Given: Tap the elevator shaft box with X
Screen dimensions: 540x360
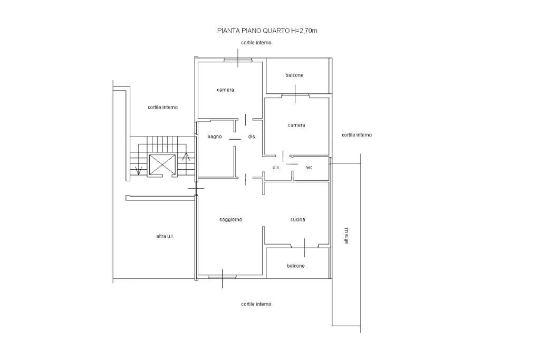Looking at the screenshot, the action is [x=162, y=165].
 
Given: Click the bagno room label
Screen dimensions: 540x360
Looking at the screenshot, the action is [x=215, y=137].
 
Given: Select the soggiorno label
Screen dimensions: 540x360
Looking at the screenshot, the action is [x=231, y=220].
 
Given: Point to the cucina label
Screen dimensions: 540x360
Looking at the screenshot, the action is [x=297, y=220].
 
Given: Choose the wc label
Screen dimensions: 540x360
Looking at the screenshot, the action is [x=309, y=168].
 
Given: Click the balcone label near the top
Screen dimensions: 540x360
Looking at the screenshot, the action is [x=294, y=75].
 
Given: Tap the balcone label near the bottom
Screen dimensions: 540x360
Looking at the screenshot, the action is [x=295, y=266].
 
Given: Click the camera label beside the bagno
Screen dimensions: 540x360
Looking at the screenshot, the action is [x=225, y=90].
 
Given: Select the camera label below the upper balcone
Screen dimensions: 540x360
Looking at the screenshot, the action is [x=296, y=125].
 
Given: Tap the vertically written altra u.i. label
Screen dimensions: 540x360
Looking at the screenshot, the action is [x=346, y=235].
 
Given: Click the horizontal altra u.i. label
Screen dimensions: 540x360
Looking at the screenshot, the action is [x=165, y=236].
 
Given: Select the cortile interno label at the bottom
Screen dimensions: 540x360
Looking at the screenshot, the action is [x=256, y=304].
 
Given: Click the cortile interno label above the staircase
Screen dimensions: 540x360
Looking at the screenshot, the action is [x=163, y=108].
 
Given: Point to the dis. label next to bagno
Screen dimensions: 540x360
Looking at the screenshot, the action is [x=253, y=137].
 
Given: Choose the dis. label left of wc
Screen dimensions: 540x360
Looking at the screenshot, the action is [x=276, y=168].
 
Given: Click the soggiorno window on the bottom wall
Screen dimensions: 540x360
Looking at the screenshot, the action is [x=222, y=276].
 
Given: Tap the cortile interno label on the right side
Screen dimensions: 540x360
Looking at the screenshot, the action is [x=357, y=135].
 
